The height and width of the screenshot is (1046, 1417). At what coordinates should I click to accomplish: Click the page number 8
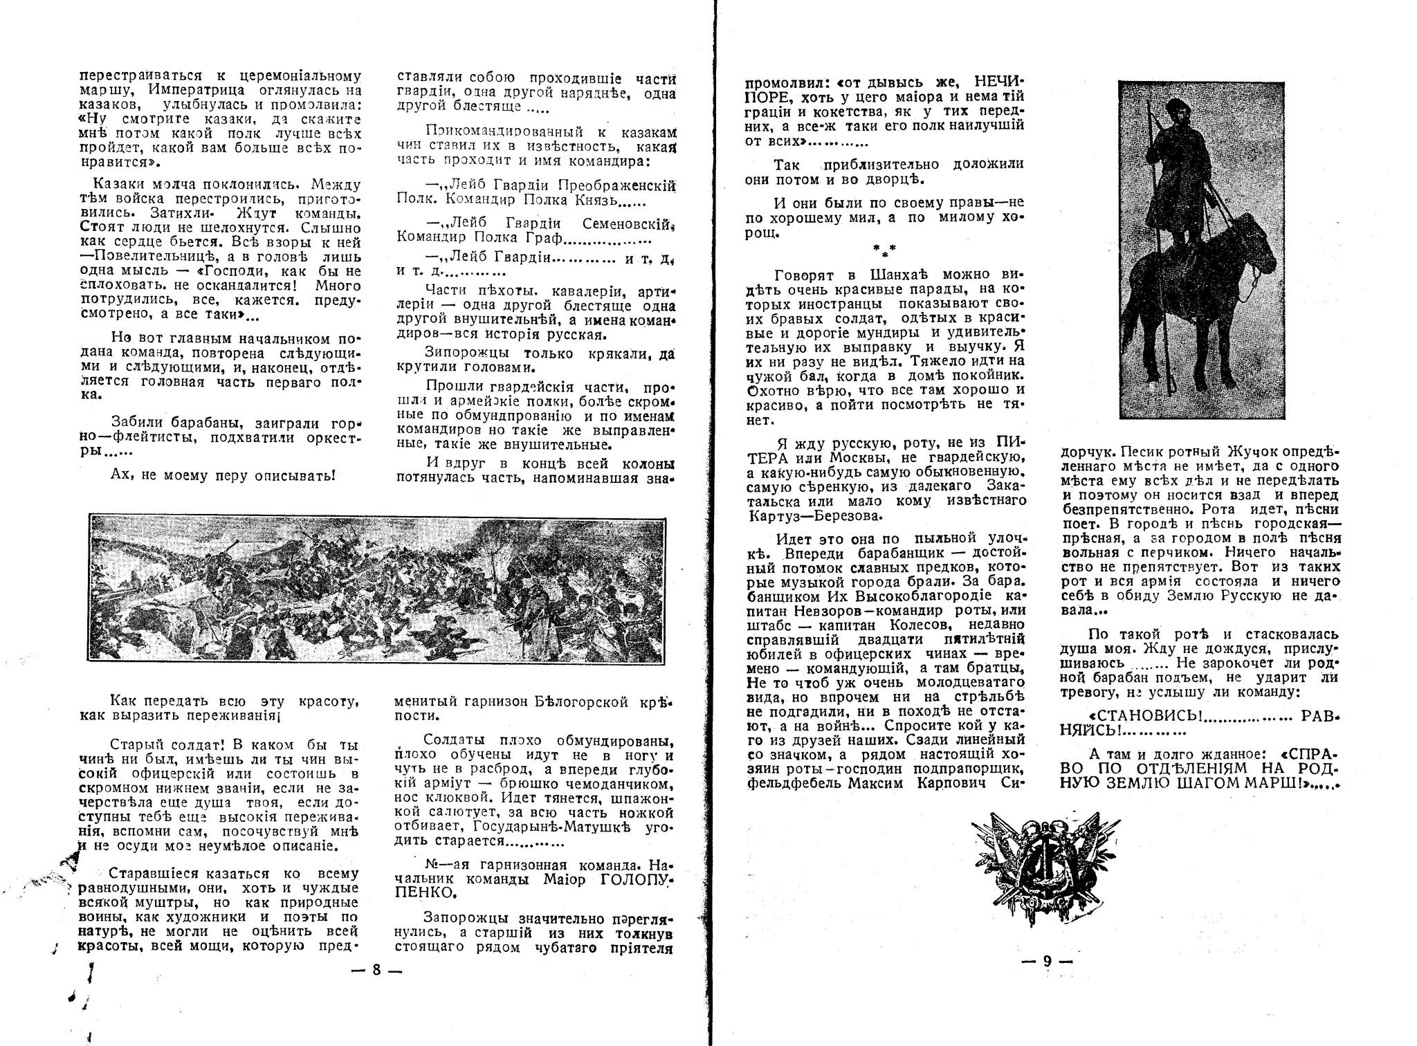coord(376,969)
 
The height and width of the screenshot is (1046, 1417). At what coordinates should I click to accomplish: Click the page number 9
coord(1047,960)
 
